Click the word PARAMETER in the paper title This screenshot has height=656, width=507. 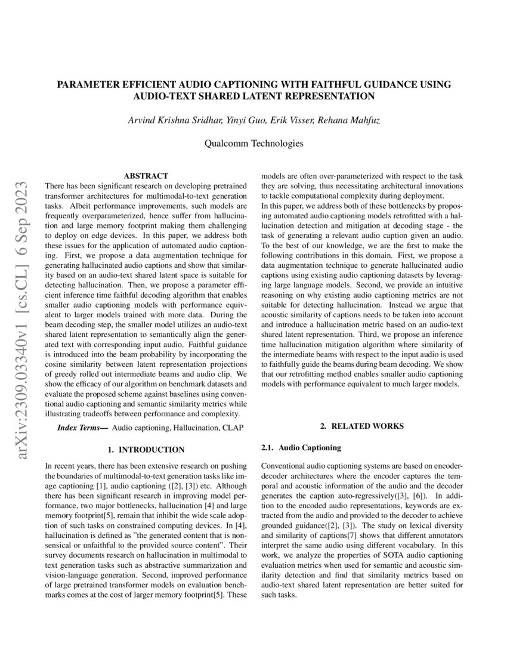point(88,85)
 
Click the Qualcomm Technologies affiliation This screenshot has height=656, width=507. point(253,143)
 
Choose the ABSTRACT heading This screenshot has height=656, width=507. point(146,176)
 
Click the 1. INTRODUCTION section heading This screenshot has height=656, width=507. point(146,449)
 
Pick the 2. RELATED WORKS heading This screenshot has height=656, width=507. point(362,426)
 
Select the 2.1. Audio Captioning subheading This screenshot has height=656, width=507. point(301,447)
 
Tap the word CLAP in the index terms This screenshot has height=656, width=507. point(233,428)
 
